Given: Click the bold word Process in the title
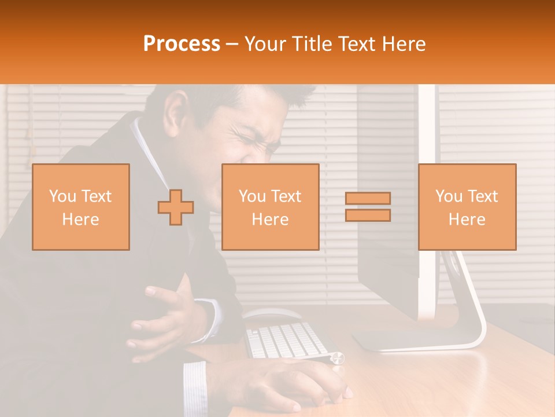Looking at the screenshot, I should pyautogui.click(x=182, y=44).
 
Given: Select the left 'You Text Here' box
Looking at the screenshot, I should pyautogui.click(x=81, y=207).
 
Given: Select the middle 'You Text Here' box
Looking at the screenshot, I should pyautogui.click(x=270, y=207).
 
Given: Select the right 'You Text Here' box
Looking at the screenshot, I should pyautogui.click(x=467, y=207).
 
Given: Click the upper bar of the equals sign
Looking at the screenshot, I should pyautogui.click(x=368, y=199).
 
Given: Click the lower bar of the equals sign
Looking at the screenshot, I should pyautogui.click(x=368, y=215).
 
